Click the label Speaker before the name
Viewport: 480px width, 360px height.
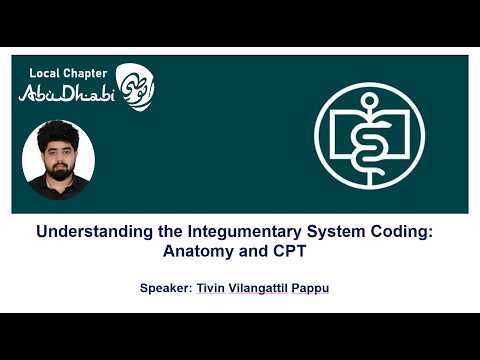166,290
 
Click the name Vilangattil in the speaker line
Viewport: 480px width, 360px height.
261,290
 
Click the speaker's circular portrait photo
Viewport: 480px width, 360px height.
58,160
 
